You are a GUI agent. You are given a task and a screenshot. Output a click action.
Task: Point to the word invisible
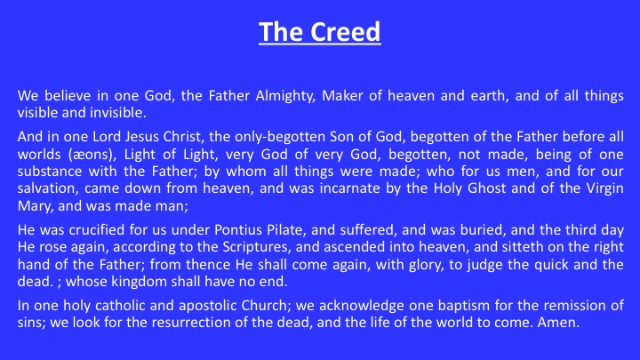[x=118, y=113]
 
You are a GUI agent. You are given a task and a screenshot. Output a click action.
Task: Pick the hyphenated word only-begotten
[x=267, y=137]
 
